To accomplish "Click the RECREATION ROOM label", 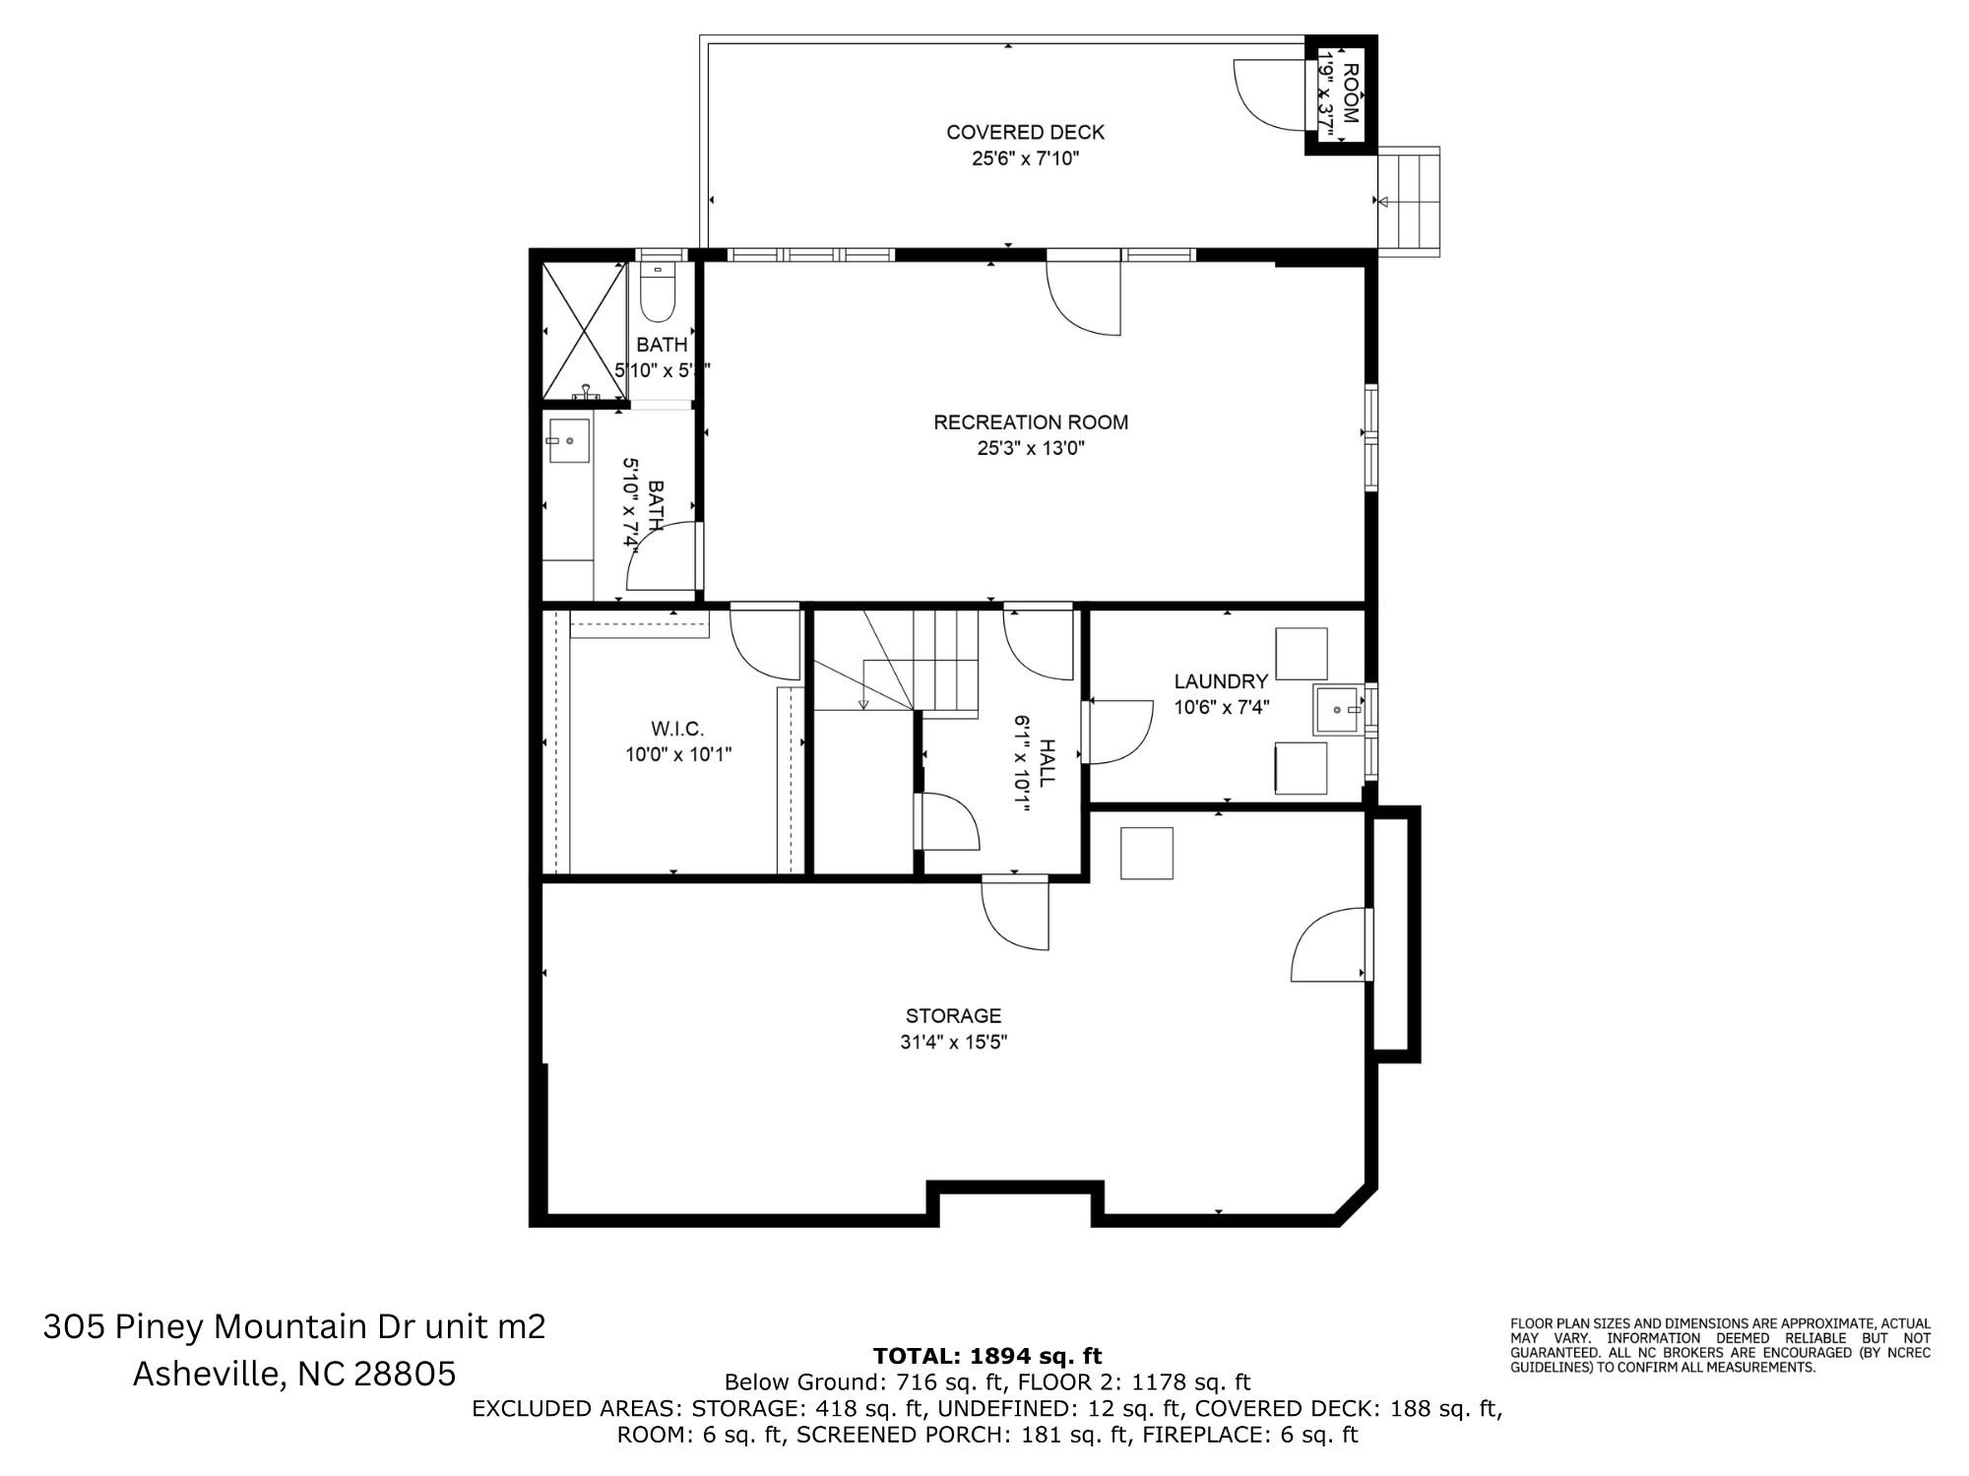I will tap(1031, 422).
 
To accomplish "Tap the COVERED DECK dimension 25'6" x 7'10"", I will tap(1025, 159).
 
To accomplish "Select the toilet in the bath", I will tap(657, 290).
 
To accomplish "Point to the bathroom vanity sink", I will tap(569, 441).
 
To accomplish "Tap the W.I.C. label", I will tap(677, 729).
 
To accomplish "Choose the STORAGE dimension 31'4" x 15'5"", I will tap(953, 1042).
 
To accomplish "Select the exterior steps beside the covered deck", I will tap(1410, 201).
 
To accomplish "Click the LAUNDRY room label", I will tap(1221, 681).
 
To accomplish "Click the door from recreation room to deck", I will tap(1084, 295).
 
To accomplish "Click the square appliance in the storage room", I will tap(1147, 853).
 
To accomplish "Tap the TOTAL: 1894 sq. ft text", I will tap(987, 1357).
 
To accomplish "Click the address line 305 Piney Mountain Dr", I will tap(293, 1327).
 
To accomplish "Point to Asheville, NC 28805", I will tap(294, 1374).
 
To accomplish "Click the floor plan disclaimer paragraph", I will tap(1720, 1345).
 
